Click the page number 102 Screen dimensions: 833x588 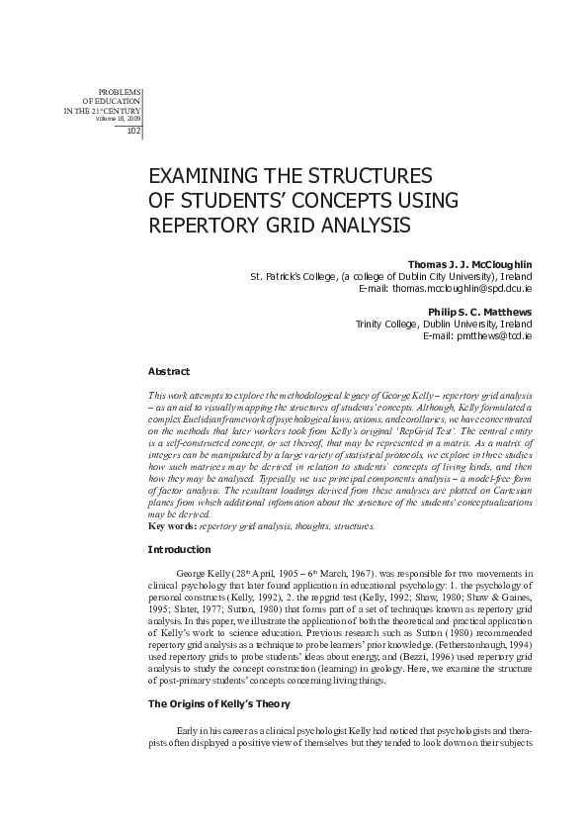(x=134, y=133)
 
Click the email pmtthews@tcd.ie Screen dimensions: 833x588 (x=490, y=335)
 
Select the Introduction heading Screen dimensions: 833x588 (x=178, y=549)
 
